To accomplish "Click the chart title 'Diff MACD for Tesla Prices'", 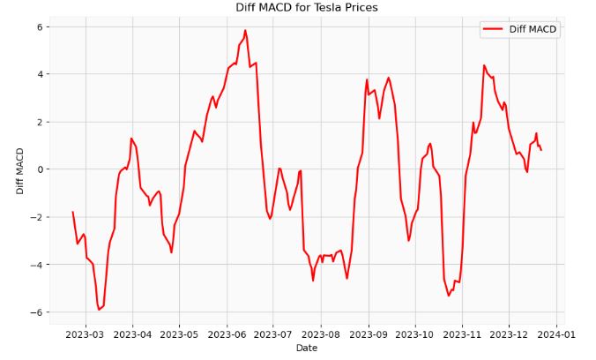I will tap(306, 8).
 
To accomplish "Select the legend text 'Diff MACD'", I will tap(533, 29).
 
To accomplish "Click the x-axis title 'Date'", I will tap(306, 349).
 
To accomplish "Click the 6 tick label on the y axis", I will tap(39, 26).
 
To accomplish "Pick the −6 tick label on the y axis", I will tap(36, 312).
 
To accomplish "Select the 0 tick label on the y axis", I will tap(39, 169).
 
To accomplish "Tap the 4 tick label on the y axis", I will tap(39, 74).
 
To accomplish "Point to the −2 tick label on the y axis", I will tap(36, 217).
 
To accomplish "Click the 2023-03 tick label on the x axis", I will tap(85, 334).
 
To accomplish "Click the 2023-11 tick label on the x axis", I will tap(461, 334).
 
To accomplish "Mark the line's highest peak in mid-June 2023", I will tap(245, 31).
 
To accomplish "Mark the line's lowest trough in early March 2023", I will tap(99, 310).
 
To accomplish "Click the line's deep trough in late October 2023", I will tap(449, 295).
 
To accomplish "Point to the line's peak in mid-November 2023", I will tap(484, 65).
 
